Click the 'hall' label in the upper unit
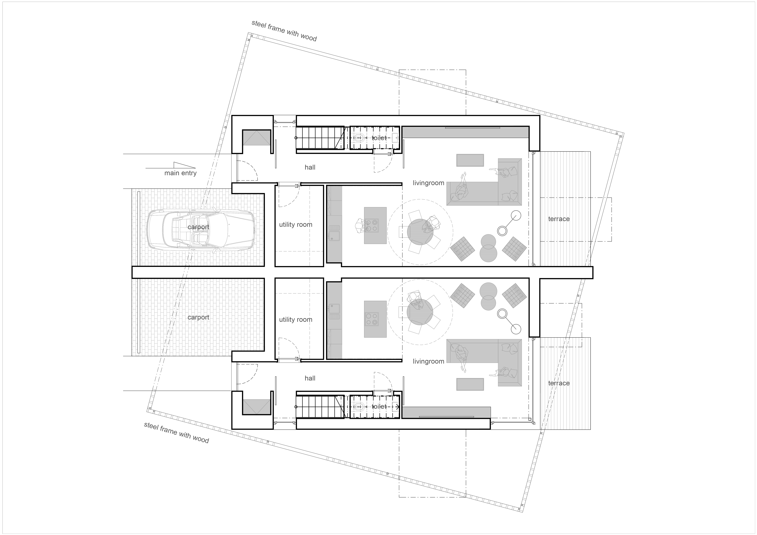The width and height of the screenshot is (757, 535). (x=310, y=167)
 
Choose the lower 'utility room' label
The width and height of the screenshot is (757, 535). (x=295, y=320)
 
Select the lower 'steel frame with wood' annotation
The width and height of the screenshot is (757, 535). (x=176, y=433)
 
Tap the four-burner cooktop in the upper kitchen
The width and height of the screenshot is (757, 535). (x=372, y=225)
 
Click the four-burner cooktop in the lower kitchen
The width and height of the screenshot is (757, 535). (x=372, y=319)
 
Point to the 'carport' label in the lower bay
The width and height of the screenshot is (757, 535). (x=198, y=317)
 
